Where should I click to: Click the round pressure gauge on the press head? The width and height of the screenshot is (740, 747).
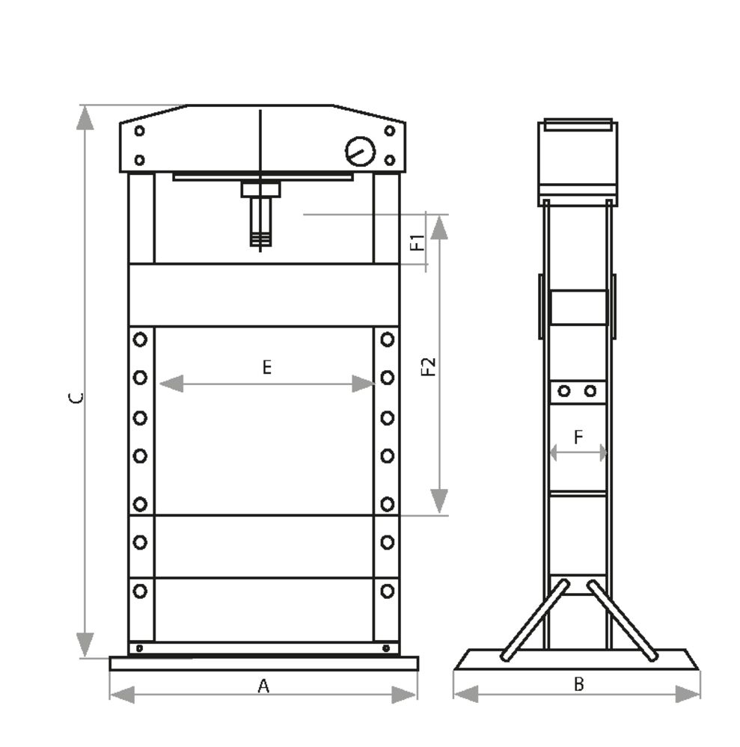tap(360, 152)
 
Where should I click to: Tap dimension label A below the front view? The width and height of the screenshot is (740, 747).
tap(263, 686)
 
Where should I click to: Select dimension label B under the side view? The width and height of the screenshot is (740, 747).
tap(578, 683)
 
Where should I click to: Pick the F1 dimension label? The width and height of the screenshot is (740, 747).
tap(419, 242)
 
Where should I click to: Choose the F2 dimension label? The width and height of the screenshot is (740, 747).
tap(428, 366)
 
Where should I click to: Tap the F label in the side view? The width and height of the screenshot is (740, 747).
tap(578, 437)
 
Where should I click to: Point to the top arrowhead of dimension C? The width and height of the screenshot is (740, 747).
tap(85, 118)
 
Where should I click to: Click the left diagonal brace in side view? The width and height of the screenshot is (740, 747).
tap(535, 620)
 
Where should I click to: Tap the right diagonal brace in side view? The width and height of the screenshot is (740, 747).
tap(623, 620)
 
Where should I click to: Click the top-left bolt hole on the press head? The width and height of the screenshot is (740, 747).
tap(139, 131)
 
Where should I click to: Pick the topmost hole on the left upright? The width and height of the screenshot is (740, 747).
tap(140, 339)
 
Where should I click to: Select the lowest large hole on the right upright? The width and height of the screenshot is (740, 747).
tap(387, 591)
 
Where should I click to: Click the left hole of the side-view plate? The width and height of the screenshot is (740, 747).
tap(564, 391)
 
